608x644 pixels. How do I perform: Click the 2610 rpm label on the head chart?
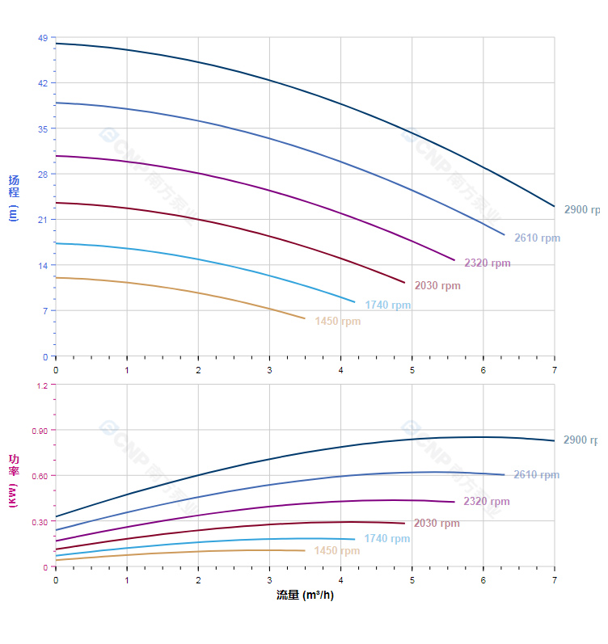(x=537, y=238)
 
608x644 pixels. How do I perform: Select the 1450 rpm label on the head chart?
(x=337, y=322)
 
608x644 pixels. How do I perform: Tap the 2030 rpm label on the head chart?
(x=437, y=286)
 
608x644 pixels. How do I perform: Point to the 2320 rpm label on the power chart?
(x=487, y=502)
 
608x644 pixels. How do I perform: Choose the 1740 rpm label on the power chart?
(x=386, y=539)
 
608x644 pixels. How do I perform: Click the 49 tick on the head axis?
(x=42, y=38)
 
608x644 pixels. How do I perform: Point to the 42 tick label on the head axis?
(x=42, y=83)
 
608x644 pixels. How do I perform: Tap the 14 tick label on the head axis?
(x=42, y=266)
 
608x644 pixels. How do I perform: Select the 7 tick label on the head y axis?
(x=44, y=311)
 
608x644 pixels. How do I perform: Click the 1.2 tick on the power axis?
(x=40, y=385)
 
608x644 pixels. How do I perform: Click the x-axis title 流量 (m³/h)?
(x=305, y=596)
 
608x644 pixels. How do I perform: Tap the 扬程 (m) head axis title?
(x=14, y=197)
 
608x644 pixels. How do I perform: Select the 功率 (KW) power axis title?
(x=14, y=480)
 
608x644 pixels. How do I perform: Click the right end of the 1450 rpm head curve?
(x=305, y=318)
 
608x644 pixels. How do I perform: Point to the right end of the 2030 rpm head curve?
(x=404, y=283)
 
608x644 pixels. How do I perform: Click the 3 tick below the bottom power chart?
(x=269, y=580)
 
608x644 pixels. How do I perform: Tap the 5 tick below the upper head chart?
(x=412, y=370)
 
